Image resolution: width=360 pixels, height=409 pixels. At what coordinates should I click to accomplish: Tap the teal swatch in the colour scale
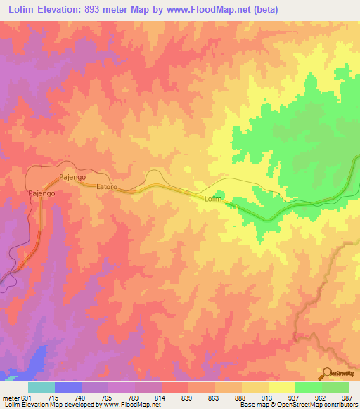pyautogui.click(x=41, y=388)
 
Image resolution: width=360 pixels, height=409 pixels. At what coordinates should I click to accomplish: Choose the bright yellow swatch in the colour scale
pyautogui.click(x=282, y=388)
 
